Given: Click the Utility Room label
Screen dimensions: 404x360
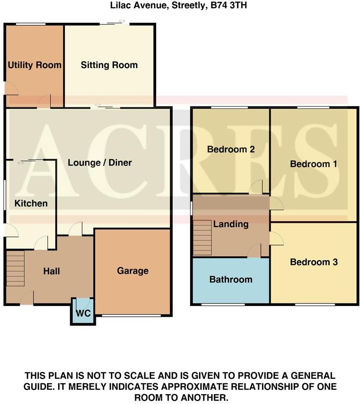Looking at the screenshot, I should click(35, 65).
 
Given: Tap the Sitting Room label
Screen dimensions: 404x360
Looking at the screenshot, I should click(109, 65).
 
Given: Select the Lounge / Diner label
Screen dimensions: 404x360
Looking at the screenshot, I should click(100, 163).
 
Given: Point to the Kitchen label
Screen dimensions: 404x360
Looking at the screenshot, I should click(31, 203).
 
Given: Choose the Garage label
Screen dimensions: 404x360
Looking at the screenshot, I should click(133, 270).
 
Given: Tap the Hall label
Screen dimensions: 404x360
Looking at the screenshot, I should click(51, 271).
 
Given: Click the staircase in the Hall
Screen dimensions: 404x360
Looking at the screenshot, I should click(15, 268).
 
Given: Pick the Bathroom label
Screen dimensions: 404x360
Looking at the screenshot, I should click(231, 279).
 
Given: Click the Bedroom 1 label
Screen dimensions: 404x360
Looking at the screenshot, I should click(310, 164).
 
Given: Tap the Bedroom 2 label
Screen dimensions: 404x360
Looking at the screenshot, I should click(231, 149).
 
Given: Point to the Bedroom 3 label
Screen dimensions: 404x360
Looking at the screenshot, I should click(314, 262).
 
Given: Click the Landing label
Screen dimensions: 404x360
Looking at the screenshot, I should click(231, 224).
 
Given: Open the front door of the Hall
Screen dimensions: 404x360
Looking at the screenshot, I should click(27, 298).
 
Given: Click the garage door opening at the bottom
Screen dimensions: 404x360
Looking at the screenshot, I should click(131, 316).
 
